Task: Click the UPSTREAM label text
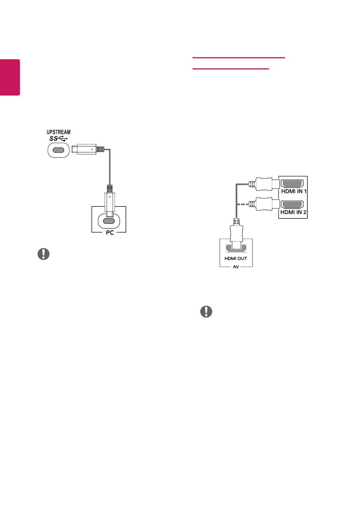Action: point(59,132)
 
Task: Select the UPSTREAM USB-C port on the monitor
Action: point(58,150)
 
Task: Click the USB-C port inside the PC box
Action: point(109,221)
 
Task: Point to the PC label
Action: point(110,233)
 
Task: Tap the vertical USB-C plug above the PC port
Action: point(110,202)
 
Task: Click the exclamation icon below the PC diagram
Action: point(44,254)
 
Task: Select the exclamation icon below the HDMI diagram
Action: point(206,311)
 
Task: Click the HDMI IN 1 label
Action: point(294,191)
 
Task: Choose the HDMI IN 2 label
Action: point(293,212)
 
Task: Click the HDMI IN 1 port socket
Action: point(292,184)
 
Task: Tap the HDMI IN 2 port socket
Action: point(292,205)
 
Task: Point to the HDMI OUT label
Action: point(236,258)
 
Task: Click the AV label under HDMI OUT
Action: point(236,267)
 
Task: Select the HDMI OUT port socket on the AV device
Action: point(236,248)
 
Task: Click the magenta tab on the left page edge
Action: point(10,77)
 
